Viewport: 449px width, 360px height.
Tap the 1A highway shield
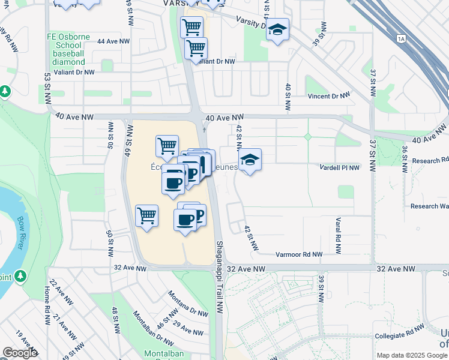[401, 38]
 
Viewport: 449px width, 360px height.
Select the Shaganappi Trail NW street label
[220, 277]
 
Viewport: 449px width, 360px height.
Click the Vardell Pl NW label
[340, 168]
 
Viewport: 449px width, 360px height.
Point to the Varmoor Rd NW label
[299, 254]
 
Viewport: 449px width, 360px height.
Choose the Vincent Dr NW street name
[328, 96]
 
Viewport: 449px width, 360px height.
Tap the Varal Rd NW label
[339, 230]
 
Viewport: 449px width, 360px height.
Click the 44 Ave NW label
[113, 41]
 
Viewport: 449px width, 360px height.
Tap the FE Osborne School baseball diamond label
[68, 49]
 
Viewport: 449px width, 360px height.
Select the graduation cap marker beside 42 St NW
[250, 160]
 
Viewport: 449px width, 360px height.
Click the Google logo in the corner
[20, 353]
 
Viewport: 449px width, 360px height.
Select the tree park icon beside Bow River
[21, 276]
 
